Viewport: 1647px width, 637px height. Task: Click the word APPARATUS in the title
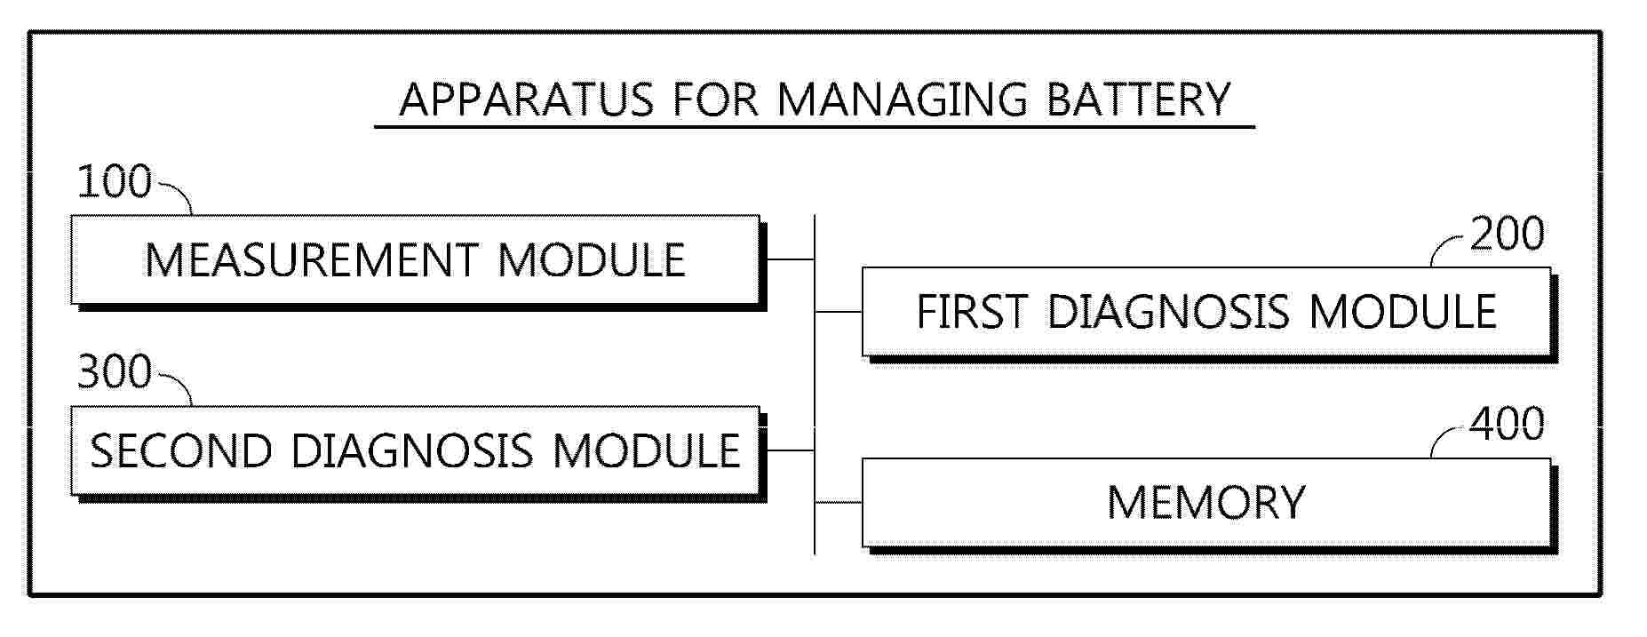[x=526, y=100]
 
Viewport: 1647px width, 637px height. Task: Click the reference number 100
[x=115, y=182]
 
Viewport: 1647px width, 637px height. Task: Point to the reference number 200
[x=1508, y=234]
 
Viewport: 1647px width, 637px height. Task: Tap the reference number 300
[x=115, y=372]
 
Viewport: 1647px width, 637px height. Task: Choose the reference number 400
[x=1508, y=425]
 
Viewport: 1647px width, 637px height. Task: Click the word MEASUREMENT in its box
[x=311, y=260]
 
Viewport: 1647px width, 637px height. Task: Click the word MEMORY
[x=1206, y=502]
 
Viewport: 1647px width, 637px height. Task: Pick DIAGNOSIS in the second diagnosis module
[x=412, y=450]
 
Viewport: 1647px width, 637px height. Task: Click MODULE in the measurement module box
[x=592, y=260]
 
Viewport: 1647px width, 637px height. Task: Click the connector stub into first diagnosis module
[x=838, y=312]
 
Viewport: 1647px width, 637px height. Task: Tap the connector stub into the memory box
[x=838, y=502]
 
